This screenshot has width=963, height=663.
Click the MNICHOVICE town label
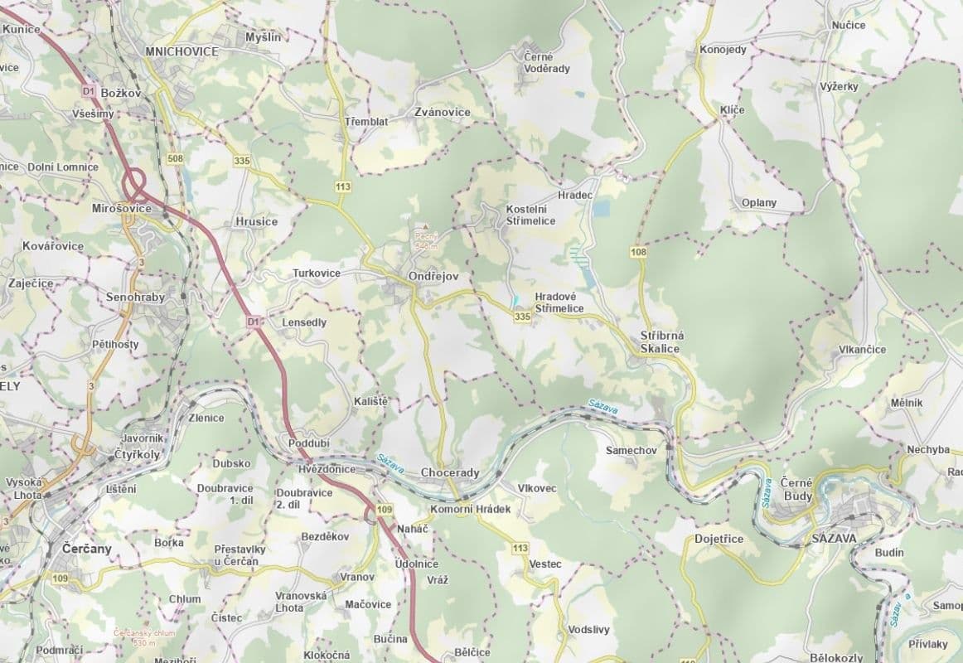[x=181, y=51]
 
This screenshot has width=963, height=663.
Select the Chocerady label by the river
[x=450, y=472]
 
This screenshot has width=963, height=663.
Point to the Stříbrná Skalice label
[x=660, y=342]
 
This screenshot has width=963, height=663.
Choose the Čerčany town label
[x=87, y=549]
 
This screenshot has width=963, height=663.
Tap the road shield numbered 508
[x=175, y=158]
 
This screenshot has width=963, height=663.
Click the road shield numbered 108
[x=638, y=251]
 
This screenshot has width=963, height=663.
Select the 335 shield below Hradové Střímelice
[x=522, y=317]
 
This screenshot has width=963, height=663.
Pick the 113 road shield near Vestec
[x=520, y=548]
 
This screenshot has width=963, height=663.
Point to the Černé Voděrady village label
[x=547, y=62]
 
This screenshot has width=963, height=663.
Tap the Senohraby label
[x=135, y=297]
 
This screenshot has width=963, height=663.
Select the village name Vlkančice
[x=862, y=349]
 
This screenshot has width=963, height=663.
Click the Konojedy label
[x=723, y=50]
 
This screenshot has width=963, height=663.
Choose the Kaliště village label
[x=370, y=401]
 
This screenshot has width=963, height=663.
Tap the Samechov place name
[x=632, y=449]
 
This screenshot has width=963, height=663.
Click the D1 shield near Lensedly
[x=254, y=321]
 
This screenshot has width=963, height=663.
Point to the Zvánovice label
[x=443, y=112]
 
